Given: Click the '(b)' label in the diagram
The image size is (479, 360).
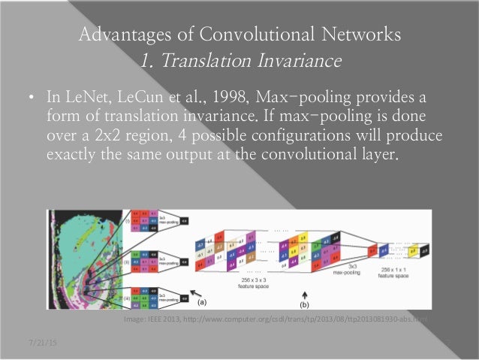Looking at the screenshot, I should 304,306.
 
